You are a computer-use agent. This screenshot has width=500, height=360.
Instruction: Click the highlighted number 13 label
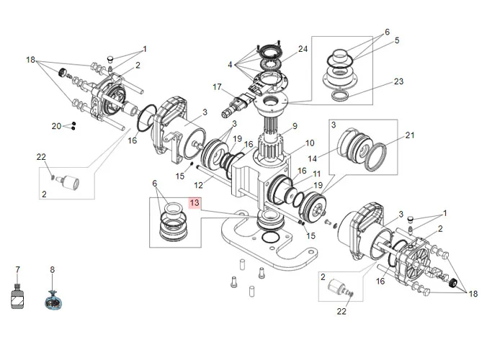[x=194, y=204]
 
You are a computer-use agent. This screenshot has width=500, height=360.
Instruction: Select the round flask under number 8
[x=52, y=300]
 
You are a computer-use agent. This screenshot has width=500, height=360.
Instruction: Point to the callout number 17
[x=217, y=86]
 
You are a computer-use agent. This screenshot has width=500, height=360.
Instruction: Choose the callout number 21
[x=410, y=135]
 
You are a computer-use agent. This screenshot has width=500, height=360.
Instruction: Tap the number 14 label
[x=334, y=158]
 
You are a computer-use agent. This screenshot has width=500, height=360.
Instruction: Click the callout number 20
[x=57, y=126]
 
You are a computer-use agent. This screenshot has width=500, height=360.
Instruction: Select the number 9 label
[x=294, y=127]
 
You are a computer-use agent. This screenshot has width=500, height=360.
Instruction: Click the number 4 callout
[x=231, y=65]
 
